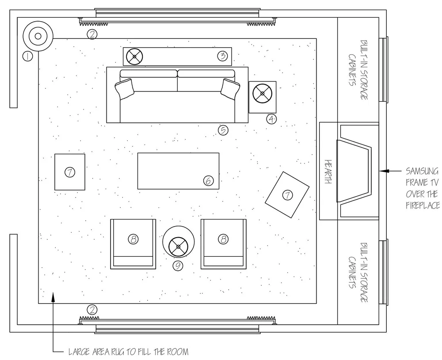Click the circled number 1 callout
click(x=27, y=56)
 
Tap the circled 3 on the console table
click(x=222, y=56)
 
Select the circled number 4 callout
click(x=271, y=118)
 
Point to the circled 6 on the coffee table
click(x=209, y=180)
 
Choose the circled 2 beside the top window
click(x=92, y=34)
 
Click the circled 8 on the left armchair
click(x=133, y=239)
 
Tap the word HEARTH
click(x=328, y=172)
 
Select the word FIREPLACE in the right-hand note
click(x=423, y=205)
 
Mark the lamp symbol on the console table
click(x=134, y=56)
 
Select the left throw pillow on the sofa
click(x=125, y=88)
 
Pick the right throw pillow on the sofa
click(x=230, y=88)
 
